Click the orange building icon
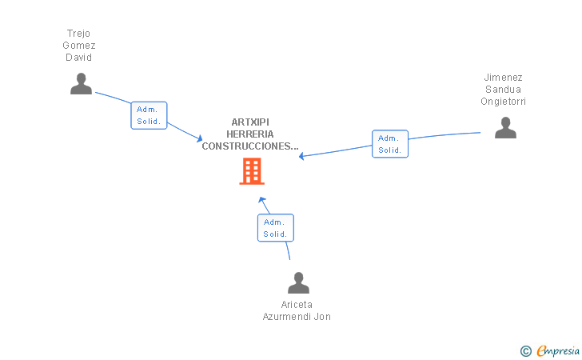pos(252,171)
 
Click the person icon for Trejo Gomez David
pos(81,84)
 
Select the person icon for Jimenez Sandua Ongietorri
pos(505,128)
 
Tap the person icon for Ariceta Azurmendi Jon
pos(298,283)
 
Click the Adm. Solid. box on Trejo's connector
pos(149,115)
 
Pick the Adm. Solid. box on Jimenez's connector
pos(390,144)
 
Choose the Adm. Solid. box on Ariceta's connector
pos(276,228)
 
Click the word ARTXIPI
pos(250,122)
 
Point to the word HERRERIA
pos(250,134)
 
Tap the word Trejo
pos(79,34)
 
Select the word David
pos(79,58)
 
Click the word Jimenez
pos(504,78)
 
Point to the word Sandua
pos(504,90)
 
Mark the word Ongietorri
pos(504,102)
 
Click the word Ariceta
pos(297,305)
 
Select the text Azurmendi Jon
pos(297,317)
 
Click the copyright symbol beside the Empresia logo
pos(525,350)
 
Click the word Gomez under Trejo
pos(79,46)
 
